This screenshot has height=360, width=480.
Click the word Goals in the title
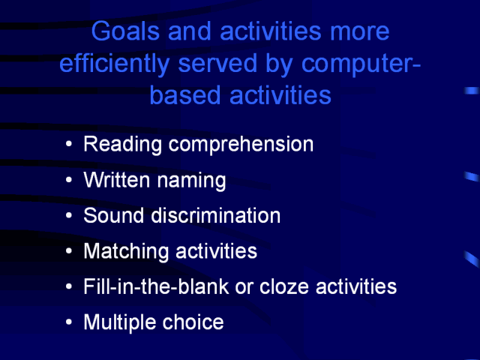click(x=125, y=31)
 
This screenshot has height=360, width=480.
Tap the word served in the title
click(x=217, y=63)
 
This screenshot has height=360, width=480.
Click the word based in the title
click(x=185, y=95)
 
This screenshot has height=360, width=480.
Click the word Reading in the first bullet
click(x=122, y=145)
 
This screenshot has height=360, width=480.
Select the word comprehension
click(x=241, y=145)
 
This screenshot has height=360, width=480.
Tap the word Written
click(x=117, y=179)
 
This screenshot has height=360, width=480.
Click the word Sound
click(x=113, y=215)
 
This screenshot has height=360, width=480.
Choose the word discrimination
click(x=216, y=215)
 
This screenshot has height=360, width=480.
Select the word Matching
click(x=126, y=252)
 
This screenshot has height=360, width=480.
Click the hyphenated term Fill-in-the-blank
click(x=157, y=286)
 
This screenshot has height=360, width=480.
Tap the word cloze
click(x=284, y=286)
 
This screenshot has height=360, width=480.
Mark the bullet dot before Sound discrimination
click(x=69, y=215)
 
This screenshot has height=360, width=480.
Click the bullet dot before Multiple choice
click(x=69, y=322)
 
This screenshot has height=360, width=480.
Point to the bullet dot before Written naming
click(x=69, y=180)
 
